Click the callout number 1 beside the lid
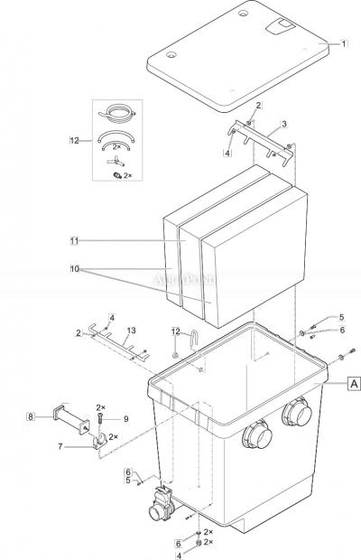[344, 42]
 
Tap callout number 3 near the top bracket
[284, 124]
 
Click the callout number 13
[133, 331]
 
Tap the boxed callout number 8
[31, 416]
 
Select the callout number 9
[126, 418]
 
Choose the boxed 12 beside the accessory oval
[75, 141]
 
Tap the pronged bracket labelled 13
[113, 344]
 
